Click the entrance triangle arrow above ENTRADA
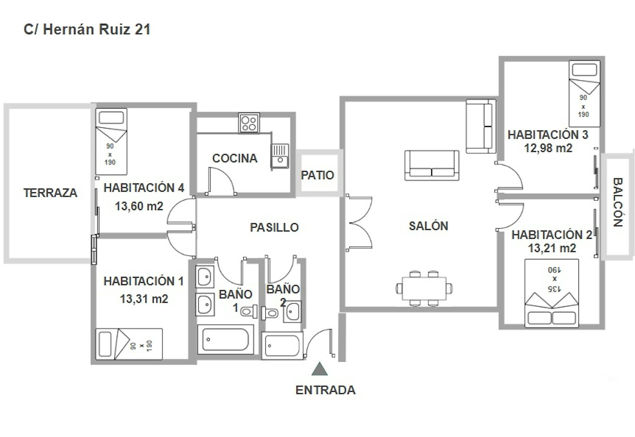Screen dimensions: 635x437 [x=320, y=369]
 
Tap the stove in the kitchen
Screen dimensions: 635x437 [x=249, y=123]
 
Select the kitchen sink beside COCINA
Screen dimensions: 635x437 [x=280, y=156]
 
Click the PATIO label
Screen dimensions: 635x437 [x=317, y=175]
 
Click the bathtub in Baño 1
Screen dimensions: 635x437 [x=226, y=339]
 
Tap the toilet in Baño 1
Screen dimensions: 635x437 [x=249, y=311]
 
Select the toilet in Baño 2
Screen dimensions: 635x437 [x=270, y=313]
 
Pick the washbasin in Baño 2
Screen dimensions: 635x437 [x=292, y=312]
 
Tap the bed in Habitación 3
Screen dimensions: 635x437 [x=584, y=94]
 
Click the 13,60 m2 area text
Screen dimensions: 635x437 [x=139, y=206]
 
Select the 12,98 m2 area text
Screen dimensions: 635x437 [x=548, y=148]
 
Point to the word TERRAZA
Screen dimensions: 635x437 [x=51, y=193]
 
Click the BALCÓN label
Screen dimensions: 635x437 [x=618, y=202]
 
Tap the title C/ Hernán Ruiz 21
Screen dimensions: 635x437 [x=87, y=29]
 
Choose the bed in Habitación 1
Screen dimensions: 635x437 [x=129, y=344]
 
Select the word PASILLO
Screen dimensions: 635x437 [x=274, y=228]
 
